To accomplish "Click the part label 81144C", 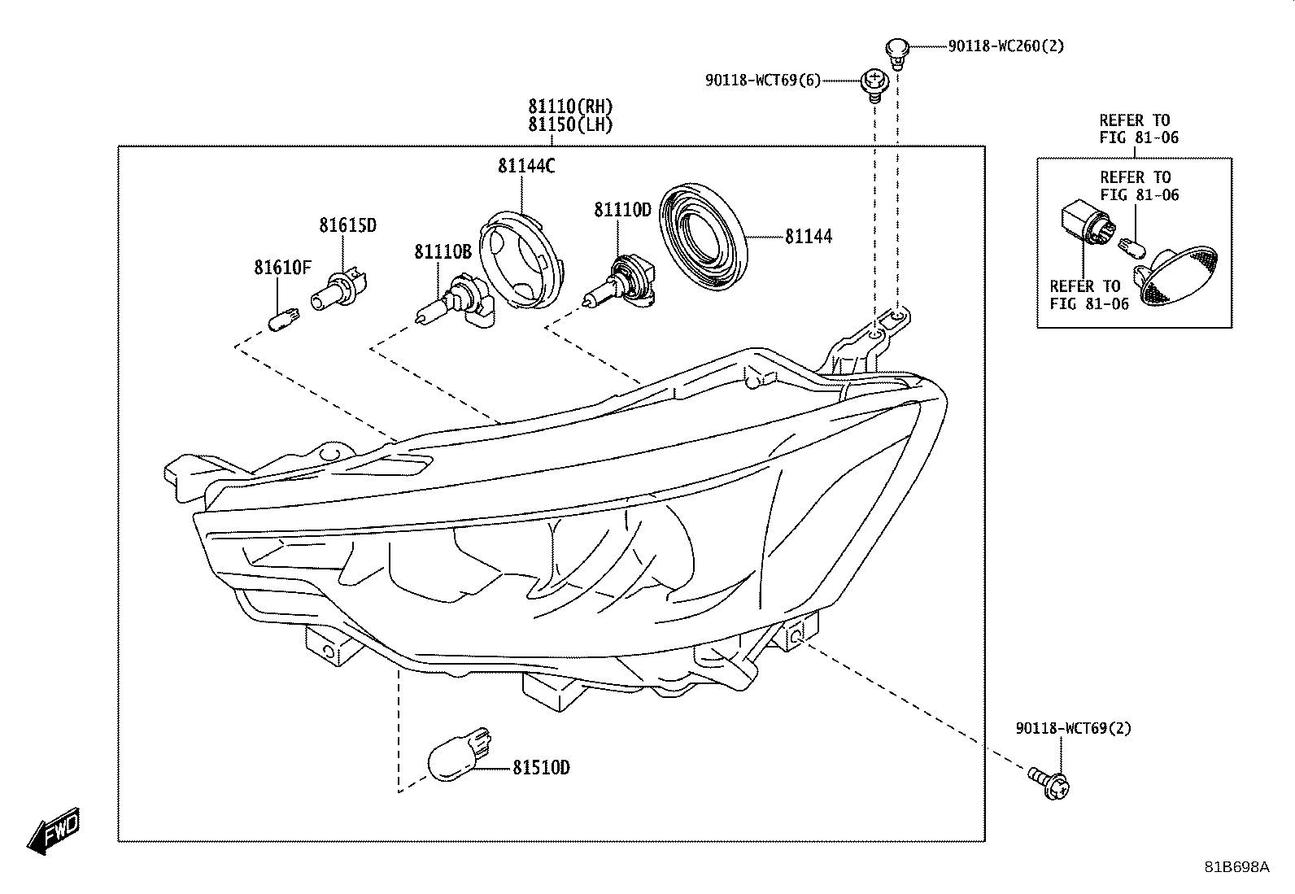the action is tap(526, 167).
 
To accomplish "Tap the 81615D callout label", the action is tap(347, 225).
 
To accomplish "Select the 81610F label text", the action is tap(283, 268).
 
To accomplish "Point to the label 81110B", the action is tap(443, 252).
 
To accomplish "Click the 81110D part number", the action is tap(622, 210).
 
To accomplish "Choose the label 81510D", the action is tap(541, 768).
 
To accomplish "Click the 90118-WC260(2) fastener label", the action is tap(1006, 46).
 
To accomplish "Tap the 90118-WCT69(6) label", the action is tap(762, 81).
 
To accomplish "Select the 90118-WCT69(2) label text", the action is tap(1074, 729).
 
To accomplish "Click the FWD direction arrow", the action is tap(54, 831).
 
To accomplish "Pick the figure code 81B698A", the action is tap(1237, 867).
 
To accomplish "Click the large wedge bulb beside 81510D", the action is tap(460, 754).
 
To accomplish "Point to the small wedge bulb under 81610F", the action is tap(285, 319).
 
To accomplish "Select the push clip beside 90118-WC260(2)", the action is tap(897, 53).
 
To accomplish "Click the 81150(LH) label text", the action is tap(570, 125).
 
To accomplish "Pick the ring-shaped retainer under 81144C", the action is tap(522, 259).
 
